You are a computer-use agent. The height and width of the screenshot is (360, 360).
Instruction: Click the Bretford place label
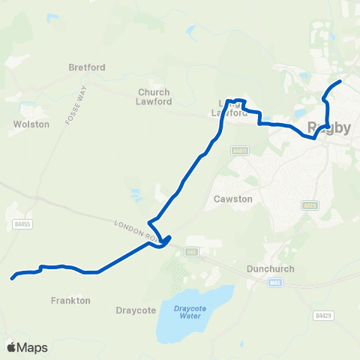87,67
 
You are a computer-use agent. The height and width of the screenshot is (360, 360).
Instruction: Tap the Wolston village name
31,124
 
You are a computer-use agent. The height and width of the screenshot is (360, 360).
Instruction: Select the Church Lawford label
154,97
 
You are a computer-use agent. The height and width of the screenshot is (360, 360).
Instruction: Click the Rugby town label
328,127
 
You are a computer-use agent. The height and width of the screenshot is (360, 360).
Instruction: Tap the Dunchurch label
266,268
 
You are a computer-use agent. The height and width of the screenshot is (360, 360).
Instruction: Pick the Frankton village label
71,300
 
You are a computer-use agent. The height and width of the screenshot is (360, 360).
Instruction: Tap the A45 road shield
193,251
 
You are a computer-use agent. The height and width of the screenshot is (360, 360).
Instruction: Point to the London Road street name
133,230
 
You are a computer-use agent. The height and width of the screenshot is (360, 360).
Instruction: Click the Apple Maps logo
27,347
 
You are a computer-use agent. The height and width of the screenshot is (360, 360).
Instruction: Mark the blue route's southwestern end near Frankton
13,278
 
